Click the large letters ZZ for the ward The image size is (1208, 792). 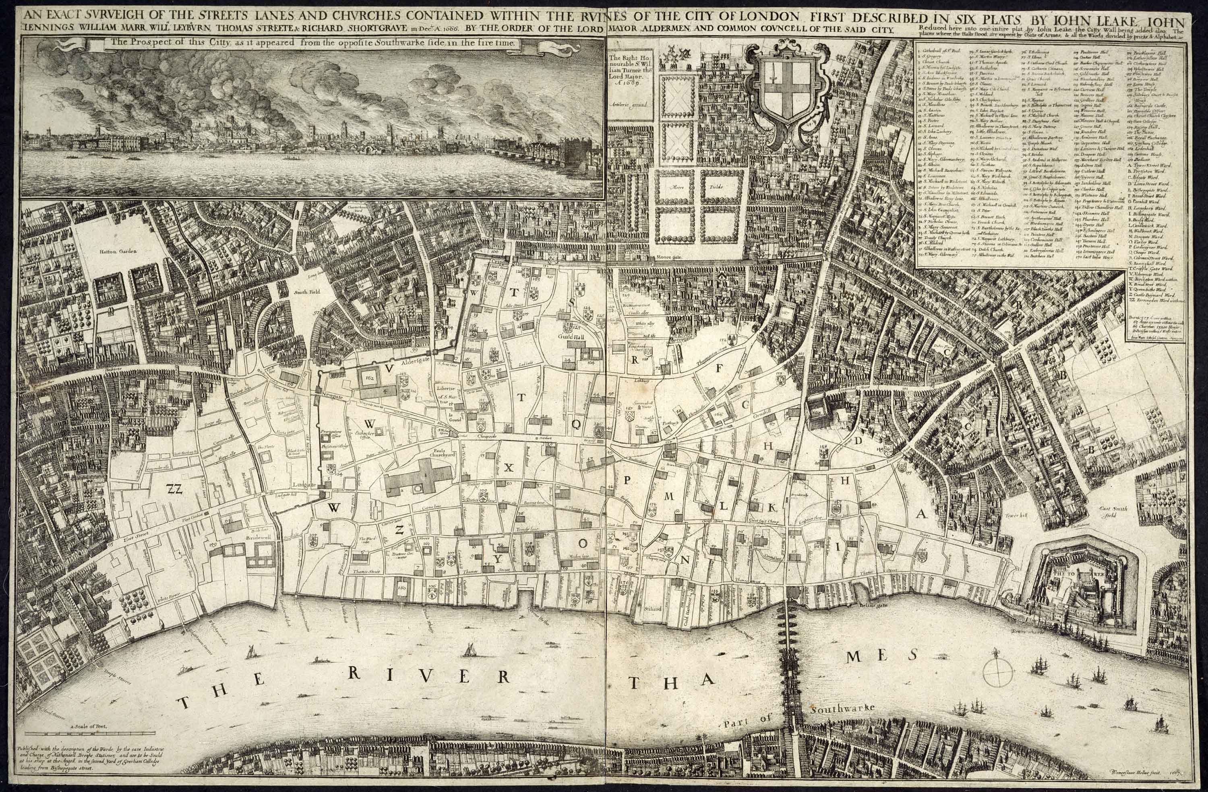click(x=174, y=488)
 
